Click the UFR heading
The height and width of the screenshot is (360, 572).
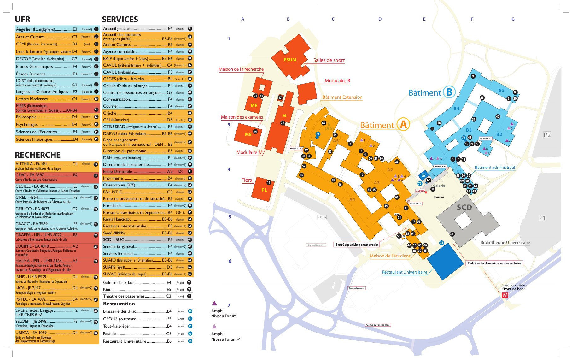pyautogui.click(x=22, y=19)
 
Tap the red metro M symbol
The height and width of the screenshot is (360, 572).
pyautogui.click(x=505, y=295)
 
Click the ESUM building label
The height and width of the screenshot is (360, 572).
pyautogui.click(x=290, y=60)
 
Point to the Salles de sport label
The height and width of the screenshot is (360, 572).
pyautogui.click(x=329, y=60)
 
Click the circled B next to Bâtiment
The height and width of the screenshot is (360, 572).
pyautogui.click(x=449, y=92)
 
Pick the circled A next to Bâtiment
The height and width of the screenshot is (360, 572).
pyautogui.click(x=403, y=125)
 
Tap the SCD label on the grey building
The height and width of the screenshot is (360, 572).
pyautogui.click(x=464, y=207)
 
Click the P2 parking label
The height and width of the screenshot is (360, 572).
pyautogui.click(x=547, y=135)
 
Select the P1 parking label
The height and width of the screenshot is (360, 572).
pyautogui.click(x=542, y=218)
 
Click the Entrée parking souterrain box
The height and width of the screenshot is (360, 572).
pyautogui.click(x=357, y=245)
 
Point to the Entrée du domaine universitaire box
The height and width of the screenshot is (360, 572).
pyautogui.click(x=494, y=263)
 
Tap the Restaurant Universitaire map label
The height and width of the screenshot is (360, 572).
pyautogui.click(x=405, y=272)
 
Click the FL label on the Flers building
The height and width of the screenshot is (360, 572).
pyautogui.click(x=264, y=190)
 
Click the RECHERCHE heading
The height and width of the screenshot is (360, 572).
pyautogui.click(x=38, y=155)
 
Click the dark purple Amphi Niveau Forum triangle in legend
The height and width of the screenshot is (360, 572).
pyautogui.click(x=214, y=303)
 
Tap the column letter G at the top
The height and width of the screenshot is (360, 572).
pyautogui.click(x=513, y=19)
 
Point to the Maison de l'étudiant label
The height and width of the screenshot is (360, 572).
pyautogui.click(x=390, y=256)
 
